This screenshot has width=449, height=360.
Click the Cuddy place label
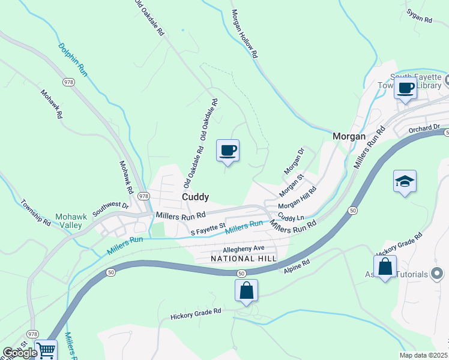pyautogui.click(x=196, y=197)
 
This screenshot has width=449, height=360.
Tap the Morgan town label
pyautogui.click(x=349, y=136)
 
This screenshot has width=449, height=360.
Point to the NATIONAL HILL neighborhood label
pyautogui.click(x=244, y=259)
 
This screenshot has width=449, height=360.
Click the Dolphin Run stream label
pyautogui.click(x=73, y=59)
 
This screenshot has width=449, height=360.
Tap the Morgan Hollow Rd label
pyautogui.click(x=245, y=33)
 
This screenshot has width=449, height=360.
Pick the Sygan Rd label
pyautogui.click(x=419, y=16)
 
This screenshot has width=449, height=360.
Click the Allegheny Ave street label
pyautogui.click(x=243, y=248)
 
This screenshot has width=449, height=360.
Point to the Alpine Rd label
pyautogui.click(x=297, y=266)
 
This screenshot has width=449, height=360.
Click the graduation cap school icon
pyautogui.click(x=405, y=181)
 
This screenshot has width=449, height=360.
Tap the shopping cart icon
pyautogui.click(x=46, y=349)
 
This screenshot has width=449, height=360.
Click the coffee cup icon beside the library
pyautogui.click(x=406, y=88)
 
